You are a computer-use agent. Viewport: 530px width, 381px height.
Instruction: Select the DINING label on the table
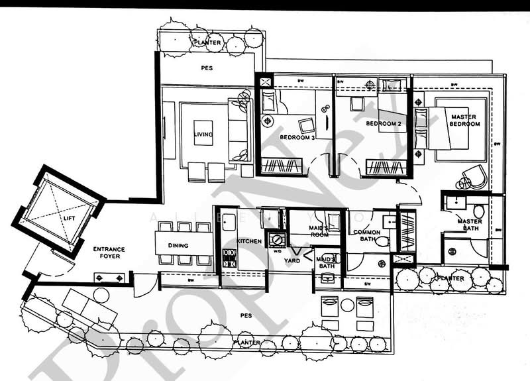(178, 245)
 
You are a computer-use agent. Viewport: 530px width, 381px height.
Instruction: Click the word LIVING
(203, 135)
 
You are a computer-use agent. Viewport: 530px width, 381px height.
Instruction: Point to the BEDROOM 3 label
(297, 137)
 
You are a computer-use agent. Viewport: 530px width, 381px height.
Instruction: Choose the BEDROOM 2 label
(384, 124)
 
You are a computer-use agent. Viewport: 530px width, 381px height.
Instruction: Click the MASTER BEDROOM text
(464, 121)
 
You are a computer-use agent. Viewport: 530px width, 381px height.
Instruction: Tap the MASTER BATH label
(470, 225)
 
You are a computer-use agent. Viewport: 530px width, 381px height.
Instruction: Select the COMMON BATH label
(366, 236)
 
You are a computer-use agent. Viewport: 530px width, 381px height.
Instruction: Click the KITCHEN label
(249, 241)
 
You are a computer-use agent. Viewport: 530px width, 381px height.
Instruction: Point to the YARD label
(292, 260)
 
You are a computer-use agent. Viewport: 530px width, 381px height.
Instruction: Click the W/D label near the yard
(275, 251)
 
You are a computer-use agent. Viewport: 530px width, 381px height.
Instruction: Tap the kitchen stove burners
(229, 257)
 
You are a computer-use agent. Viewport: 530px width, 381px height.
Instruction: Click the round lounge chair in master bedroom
(474, 176)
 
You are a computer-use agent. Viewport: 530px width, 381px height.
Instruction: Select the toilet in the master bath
(478, 211)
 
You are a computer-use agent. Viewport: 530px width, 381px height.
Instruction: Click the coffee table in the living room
(203, 133)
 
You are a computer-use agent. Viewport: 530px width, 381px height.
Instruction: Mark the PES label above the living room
(206, 68)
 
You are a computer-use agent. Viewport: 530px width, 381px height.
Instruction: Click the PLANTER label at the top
(207, 42)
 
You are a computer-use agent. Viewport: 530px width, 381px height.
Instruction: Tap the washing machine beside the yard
(275, 239)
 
